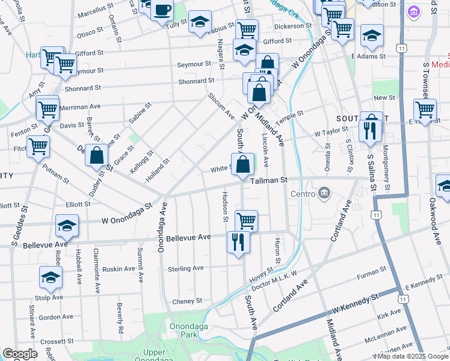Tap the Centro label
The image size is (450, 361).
point(304,194)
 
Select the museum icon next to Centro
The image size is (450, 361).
point(325,193)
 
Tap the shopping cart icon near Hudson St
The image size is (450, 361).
point(247,221)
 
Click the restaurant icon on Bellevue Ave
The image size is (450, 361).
point(238,242)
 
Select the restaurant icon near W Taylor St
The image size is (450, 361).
point(370,130)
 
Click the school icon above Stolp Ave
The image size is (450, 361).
point(51,277)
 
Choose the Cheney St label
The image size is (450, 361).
point(187,301)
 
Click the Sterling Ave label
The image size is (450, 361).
point(185,268)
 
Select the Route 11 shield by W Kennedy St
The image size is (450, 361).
point(405,299)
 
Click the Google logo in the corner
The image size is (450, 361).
point(20,354)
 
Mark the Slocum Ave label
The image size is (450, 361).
point(221,105)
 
